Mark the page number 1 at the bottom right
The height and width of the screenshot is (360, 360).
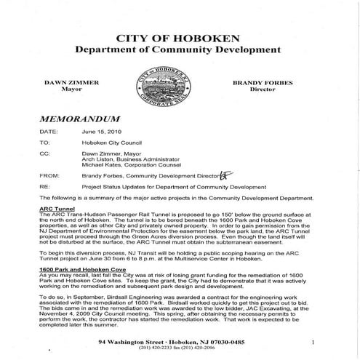[313, 341]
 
